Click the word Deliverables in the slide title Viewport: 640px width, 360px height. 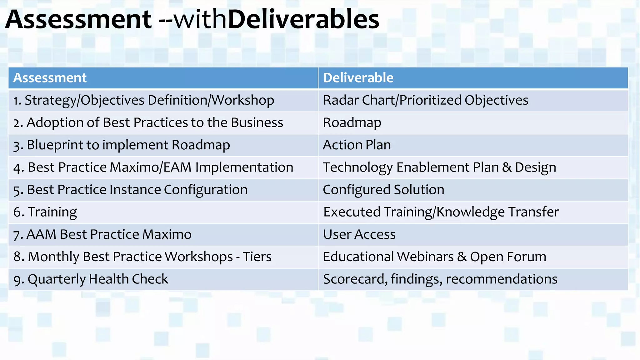[303, 19]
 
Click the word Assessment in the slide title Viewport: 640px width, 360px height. [78, 19]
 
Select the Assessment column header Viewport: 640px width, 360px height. [50, 78]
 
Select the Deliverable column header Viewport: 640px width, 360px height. [358, 78]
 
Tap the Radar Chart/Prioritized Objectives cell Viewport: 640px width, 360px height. [425, 100]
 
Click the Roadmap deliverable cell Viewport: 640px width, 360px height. [352, 123]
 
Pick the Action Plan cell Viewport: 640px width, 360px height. [357, 145]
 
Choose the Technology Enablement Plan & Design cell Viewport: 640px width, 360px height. [439, 167]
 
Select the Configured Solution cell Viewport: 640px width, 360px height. [383, 190]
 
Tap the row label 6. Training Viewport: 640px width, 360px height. [45, 212]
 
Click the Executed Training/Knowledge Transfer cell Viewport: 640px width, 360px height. [441, 212]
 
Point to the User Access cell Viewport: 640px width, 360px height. [359, 234]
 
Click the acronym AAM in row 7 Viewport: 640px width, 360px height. [41, 234]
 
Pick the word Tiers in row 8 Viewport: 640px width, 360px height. [257, 257]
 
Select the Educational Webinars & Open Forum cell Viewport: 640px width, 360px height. [434, 257]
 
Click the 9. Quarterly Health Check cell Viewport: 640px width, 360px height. [91, 279]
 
